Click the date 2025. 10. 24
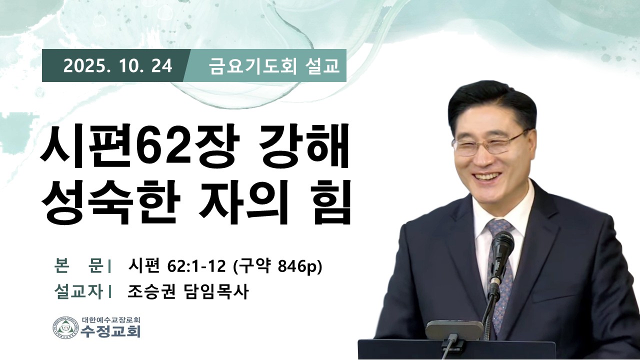click(x=117, y=66)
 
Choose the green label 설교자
click(x=78, y=291)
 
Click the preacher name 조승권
click(x=151, y=291)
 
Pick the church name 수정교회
click(x=111, y=331)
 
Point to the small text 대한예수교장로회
click(x=111, y=319)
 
